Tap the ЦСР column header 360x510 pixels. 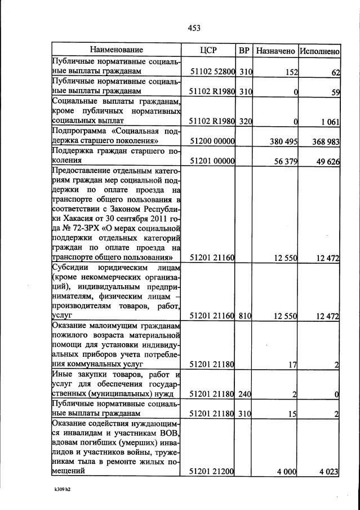208,50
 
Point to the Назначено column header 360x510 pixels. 275,51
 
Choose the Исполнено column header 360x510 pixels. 319,51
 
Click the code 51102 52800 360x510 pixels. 211,72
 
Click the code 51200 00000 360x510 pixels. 211,141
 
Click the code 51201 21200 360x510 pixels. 211,472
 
